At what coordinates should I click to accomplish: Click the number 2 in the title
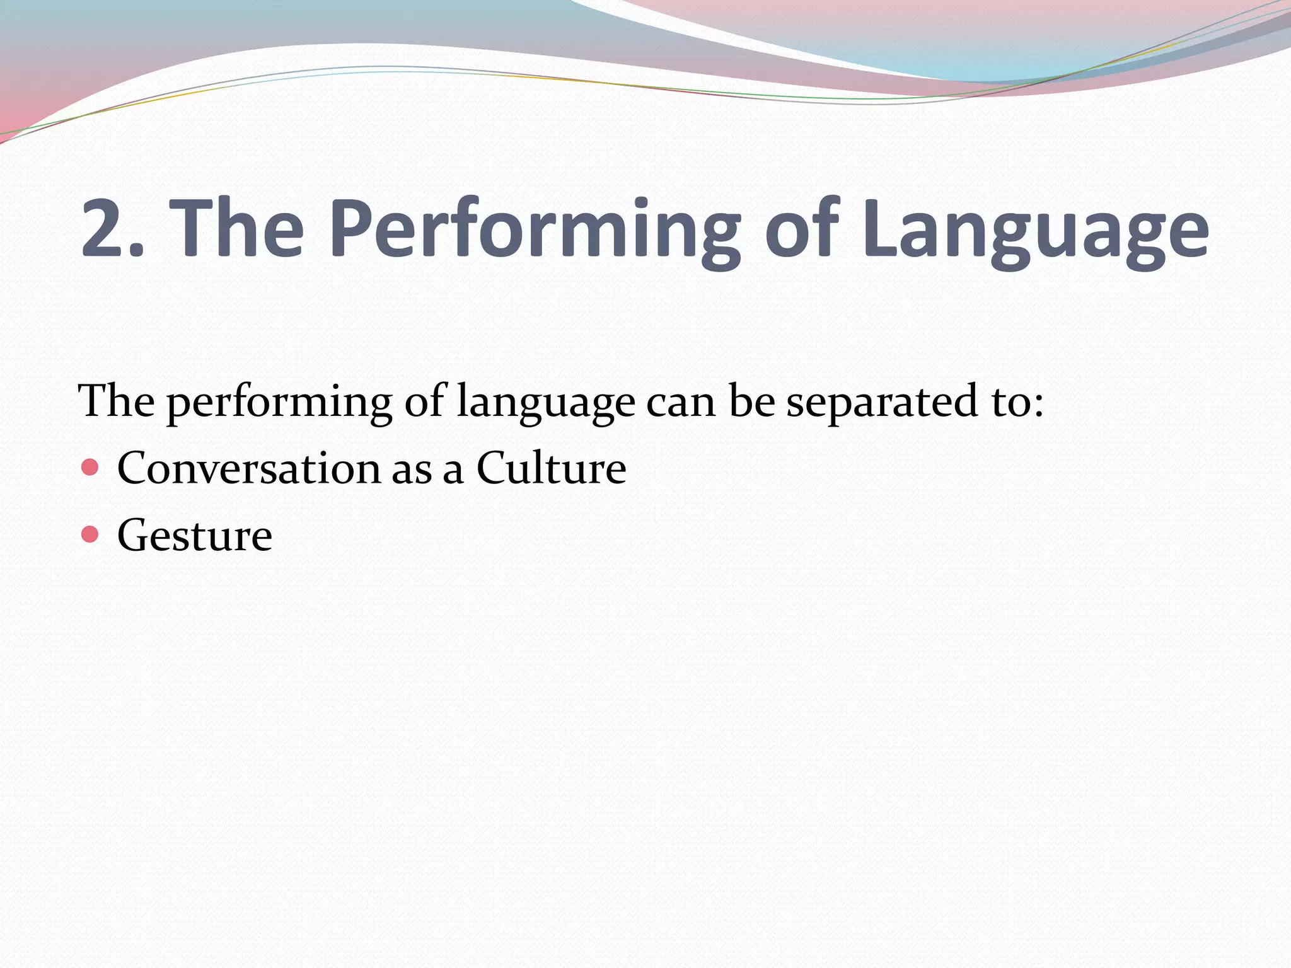[x=105, y=228]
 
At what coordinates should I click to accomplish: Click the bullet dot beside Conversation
[x=90, y=468]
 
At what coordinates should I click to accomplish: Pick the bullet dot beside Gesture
[x=90, y=534]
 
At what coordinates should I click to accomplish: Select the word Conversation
[x=249, y=469]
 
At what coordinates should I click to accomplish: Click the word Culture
[x=551, y=469]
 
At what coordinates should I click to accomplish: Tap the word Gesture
[x=194, y=536]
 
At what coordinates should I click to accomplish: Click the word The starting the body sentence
[x=116, y=401]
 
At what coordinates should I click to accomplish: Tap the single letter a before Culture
[x=453, y=471]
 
